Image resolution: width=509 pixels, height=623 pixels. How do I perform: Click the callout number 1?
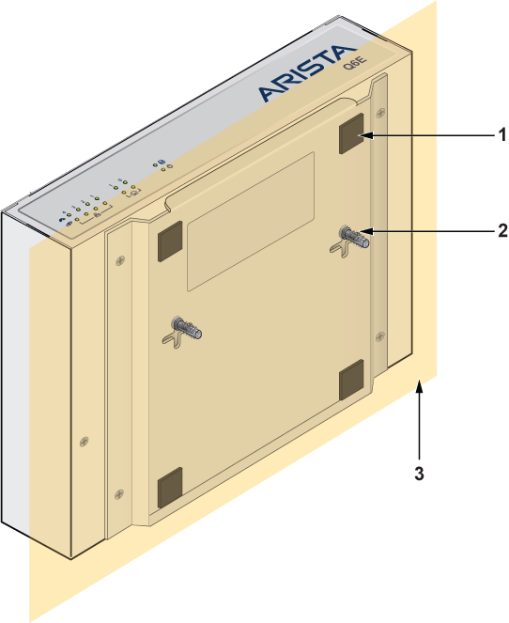[x=502, y=134]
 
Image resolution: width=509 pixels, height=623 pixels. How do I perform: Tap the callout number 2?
[x=502, y=231]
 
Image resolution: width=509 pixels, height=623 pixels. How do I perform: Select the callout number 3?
[x=419, y=474]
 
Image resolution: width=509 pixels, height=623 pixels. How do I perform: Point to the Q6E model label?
[x=355, y=63]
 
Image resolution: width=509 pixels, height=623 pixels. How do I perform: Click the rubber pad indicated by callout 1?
[x=352, y=133]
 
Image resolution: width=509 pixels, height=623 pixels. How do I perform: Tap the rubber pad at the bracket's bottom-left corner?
[x=170, y=488]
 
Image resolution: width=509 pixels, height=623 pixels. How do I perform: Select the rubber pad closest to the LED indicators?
[x=170, y=241]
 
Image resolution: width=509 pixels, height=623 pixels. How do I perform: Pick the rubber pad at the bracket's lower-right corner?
[x=352, y=380]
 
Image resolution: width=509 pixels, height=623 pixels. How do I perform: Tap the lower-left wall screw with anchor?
[x=186, y=327]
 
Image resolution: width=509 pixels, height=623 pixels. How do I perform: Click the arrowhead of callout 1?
[x=367, y=135]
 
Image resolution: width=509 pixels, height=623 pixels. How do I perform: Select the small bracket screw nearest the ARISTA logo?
[x=380, y=113]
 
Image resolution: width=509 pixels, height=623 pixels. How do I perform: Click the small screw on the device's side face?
[x=85, y=441]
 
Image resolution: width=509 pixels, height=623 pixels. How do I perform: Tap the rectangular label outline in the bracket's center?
[x=251, y=221]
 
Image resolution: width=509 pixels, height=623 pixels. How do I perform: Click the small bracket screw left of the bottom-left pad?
[x=119, y=494]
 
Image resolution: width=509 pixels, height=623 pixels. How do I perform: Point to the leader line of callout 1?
[x=434, y=135]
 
